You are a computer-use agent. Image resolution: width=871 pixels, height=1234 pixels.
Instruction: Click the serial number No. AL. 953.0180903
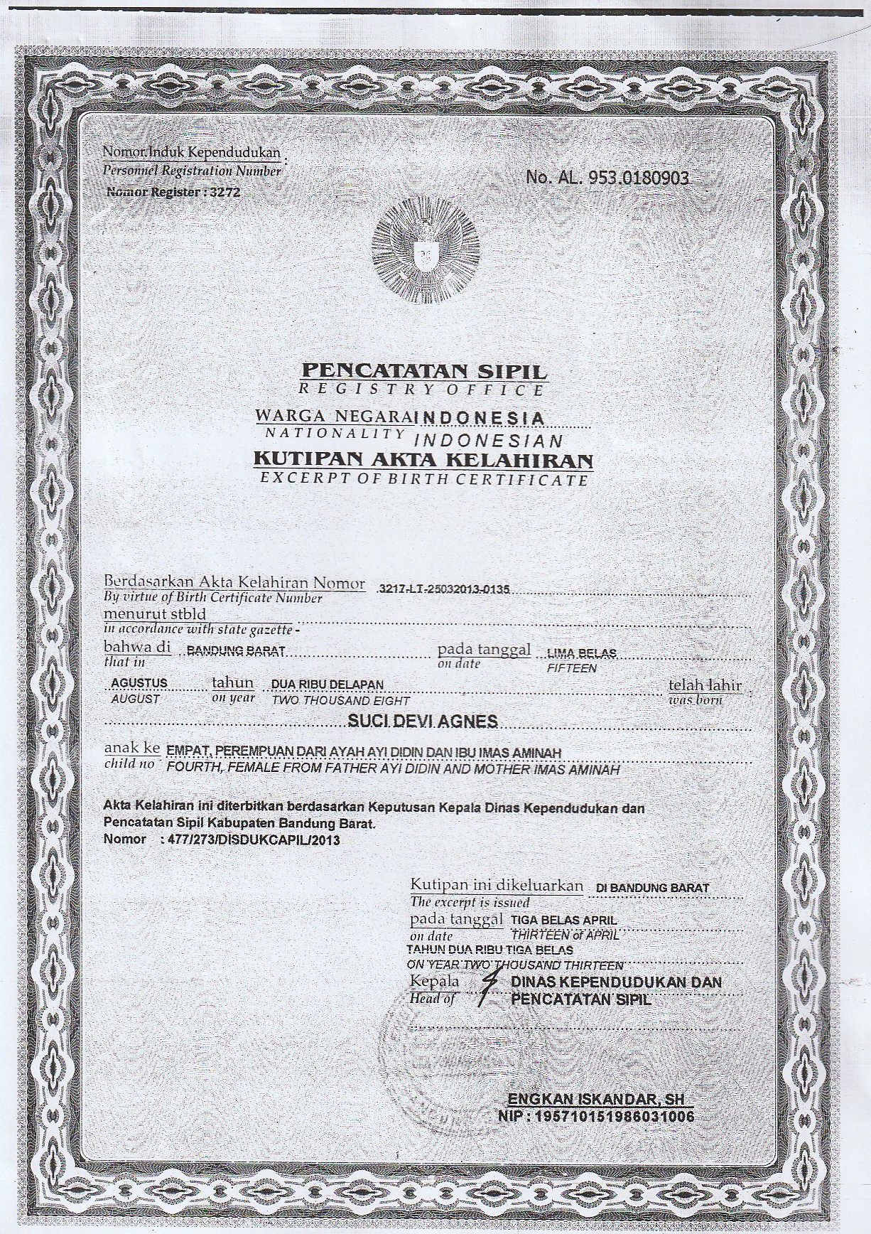607,178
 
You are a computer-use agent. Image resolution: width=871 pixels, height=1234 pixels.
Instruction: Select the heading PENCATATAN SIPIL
425,370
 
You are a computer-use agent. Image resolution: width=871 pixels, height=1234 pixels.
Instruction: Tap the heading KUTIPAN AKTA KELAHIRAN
423,461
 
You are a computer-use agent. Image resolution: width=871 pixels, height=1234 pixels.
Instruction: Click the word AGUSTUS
139,683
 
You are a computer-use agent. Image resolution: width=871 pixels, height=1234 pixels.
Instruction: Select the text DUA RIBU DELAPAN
328,685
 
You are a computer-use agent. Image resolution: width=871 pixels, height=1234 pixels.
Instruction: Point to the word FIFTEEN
571,668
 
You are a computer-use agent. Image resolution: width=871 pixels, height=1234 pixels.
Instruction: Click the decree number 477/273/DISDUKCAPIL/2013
251,839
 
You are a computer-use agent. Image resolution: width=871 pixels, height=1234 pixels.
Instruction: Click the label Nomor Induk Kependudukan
193,152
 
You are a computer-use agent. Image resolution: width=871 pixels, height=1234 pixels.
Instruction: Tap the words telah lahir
705,685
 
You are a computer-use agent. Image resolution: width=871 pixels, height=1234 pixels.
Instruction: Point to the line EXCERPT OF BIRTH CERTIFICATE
423,479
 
